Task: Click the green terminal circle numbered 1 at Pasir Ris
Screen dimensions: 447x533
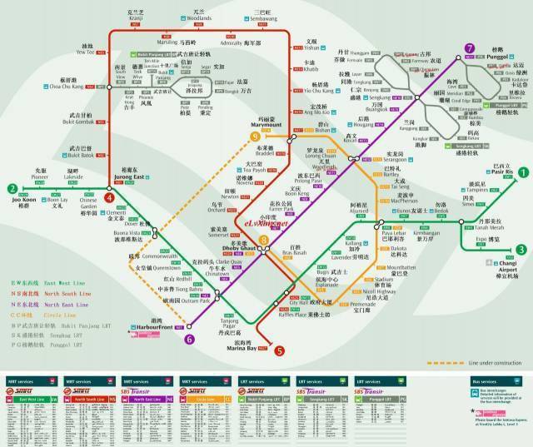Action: coord(522,173)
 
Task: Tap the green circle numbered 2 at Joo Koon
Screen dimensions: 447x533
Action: coord(12,188)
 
